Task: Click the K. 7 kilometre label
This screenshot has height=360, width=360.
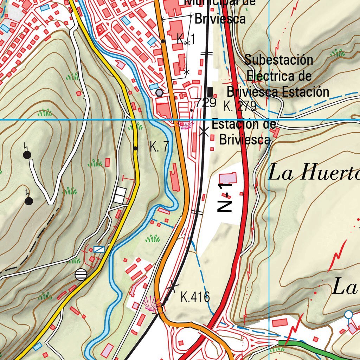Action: point(159,147)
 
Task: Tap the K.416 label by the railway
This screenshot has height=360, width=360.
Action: point(195,297)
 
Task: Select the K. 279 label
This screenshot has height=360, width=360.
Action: point(239,106)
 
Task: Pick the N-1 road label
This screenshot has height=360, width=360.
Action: point(225,197)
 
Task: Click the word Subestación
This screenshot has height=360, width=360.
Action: point(278,60)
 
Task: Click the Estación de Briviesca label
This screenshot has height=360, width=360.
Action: point(244,132)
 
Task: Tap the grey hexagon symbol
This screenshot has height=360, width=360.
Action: point(160,92)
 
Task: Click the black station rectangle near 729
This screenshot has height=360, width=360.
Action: point(210,92)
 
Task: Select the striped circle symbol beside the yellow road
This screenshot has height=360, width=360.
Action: point(81,274)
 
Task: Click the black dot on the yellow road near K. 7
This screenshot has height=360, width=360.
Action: point(136,148)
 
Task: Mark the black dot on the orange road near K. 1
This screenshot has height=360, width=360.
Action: point(163,41)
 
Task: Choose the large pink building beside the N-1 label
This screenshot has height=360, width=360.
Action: point(228,178)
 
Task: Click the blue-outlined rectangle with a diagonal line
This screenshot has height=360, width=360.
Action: point(99,249)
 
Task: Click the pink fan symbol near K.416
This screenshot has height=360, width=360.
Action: point(152,303)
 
